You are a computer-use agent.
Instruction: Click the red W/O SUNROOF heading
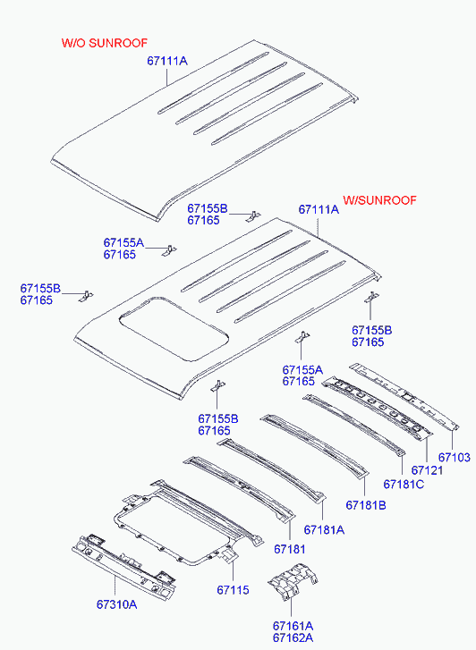pos(104,43)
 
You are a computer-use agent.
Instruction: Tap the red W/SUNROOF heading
pos(379,200)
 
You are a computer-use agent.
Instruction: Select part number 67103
pos(455,457)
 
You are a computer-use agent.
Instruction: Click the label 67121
pos(428,470)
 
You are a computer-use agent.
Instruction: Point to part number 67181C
pos(404,484)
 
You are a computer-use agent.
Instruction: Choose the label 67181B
pos(366,505)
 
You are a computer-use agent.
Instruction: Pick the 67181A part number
pos(324,529)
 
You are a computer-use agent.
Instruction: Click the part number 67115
pos(233,589)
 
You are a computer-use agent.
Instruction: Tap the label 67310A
pos(116,604)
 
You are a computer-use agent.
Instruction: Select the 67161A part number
pos(293,626)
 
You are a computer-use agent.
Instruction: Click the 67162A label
pos(293,637)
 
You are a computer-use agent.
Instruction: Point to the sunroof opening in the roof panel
pos(174,327)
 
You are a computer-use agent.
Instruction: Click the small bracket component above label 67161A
pos(293,580)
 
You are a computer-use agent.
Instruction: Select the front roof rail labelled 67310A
pos(123,565)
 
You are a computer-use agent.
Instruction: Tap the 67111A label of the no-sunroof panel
pos(167,61)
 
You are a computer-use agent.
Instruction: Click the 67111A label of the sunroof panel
pos(319,209)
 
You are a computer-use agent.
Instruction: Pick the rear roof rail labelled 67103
pos(404,396)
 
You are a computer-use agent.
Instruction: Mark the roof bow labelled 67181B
pos(314,445)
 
